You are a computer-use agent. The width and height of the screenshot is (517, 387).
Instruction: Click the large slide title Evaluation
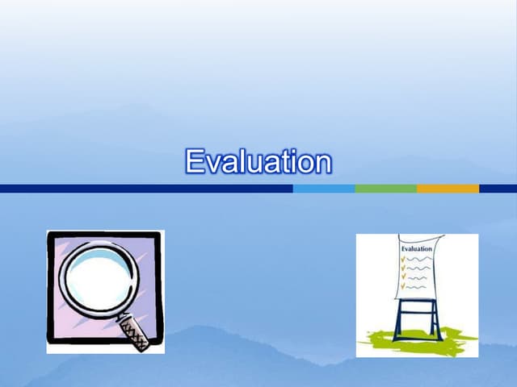pyautogui.click(x=258, y=161)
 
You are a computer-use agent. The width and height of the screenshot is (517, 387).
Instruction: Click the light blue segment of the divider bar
pyautogui.click(x=324, y=189)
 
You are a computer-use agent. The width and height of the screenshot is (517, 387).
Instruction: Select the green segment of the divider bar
pyautogui.click(x=386, y=189)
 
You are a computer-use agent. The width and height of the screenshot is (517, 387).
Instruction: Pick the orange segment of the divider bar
pyautogui.click(x=448, y=189)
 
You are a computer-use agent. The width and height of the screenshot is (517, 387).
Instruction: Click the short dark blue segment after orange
pyautogui.click(x=498, y=189)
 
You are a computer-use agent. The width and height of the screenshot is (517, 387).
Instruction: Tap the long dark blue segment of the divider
pyautogui.click(x=146, y=189)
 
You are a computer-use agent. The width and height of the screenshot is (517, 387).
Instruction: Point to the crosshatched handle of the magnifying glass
pyautogui.click(x=133, y=332)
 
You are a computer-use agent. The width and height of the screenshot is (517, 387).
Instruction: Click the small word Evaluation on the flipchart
pyautogui.click(x=417, y=249)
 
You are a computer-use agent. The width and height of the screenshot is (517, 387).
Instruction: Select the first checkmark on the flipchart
pyautogui.click(x=403, y=260)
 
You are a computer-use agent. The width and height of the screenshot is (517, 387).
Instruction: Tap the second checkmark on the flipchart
pyautogui.click(x=403, y=268)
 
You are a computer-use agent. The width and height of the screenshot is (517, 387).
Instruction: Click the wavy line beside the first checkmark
pyautogui.click(x=418, y=260)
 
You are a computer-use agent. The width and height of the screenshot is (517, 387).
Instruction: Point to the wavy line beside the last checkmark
pyautogui.click(x=416, y=287)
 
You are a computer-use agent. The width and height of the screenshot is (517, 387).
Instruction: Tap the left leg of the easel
pyautogui.click(x=398, y=320)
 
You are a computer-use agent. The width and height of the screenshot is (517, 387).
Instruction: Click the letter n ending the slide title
pyautogui.click(x=324, y=164)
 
